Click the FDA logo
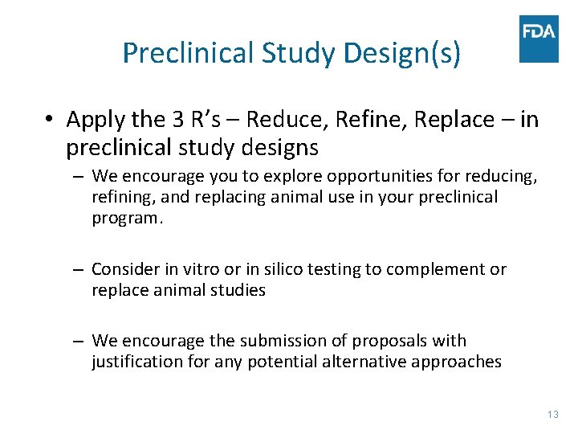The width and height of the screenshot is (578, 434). [x=539, y=39]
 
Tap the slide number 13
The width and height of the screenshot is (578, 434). [x=552, y=415]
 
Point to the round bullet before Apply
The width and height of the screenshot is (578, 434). [x=50, y=120]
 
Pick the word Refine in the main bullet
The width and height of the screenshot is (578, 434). [x=360, y=120]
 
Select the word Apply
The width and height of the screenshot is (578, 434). [x=96, y=120]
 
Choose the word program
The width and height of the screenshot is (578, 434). [x=127, y=219]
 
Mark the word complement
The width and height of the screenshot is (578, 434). [x=438, y=269]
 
